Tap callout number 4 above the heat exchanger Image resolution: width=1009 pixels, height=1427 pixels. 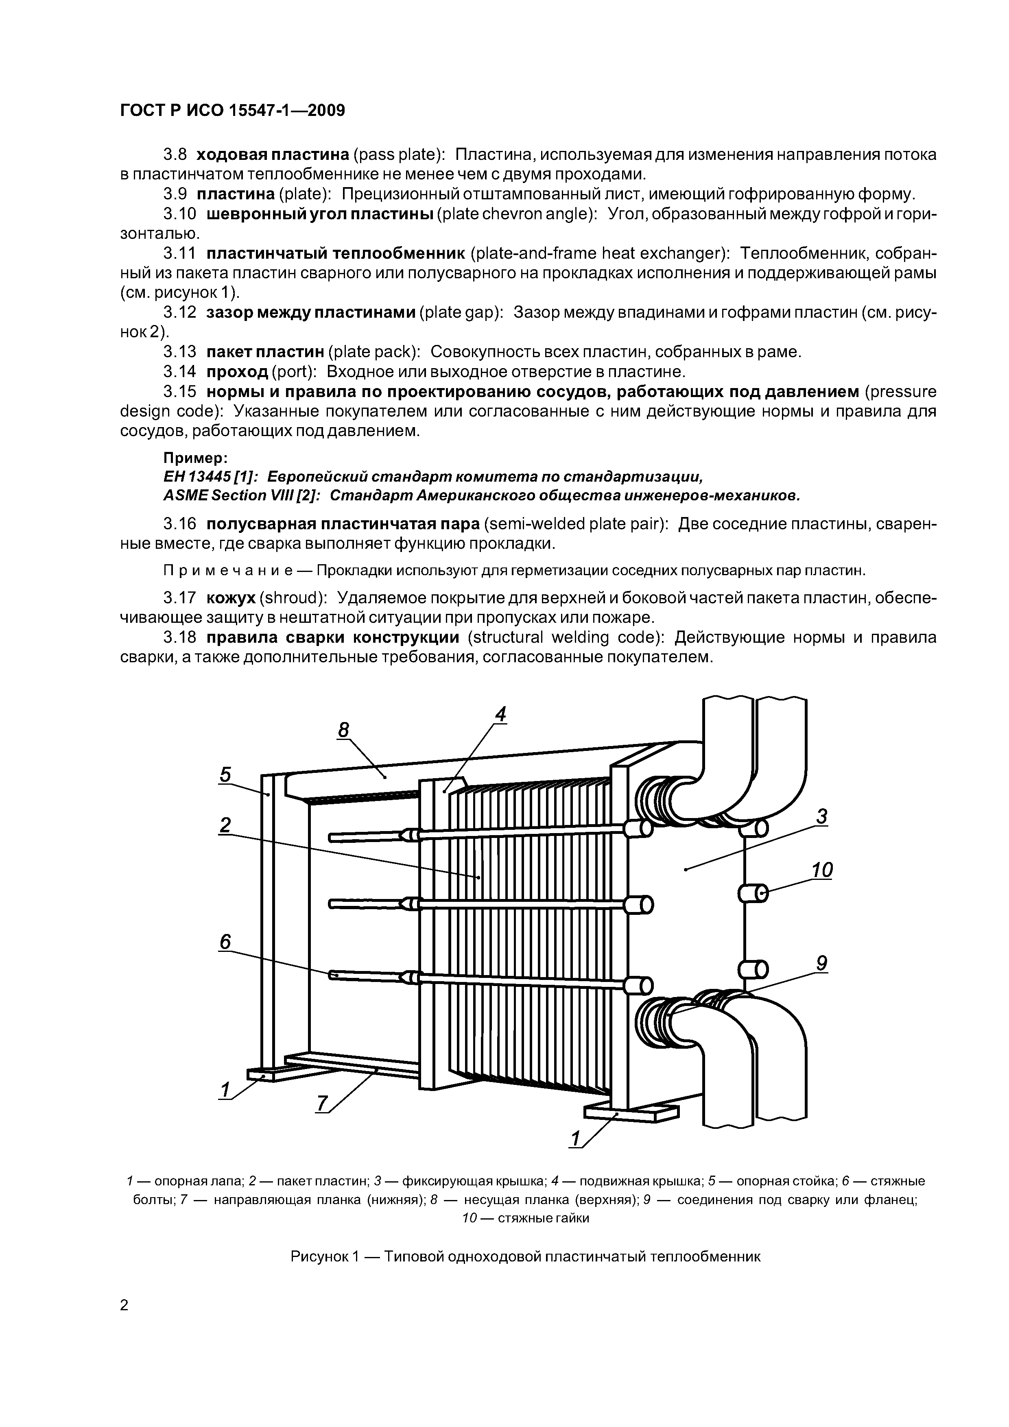click(500, 715)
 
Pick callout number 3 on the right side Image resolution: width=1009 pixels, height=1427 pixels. click(822, 816)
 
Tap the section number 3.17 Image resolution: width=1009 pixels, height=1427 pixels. click(179, 598)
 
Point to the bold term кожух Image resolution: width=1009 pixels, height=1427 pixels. click(231, 598)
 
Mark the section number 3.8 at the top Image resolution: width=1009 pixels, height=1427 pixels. click(175, 154)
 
